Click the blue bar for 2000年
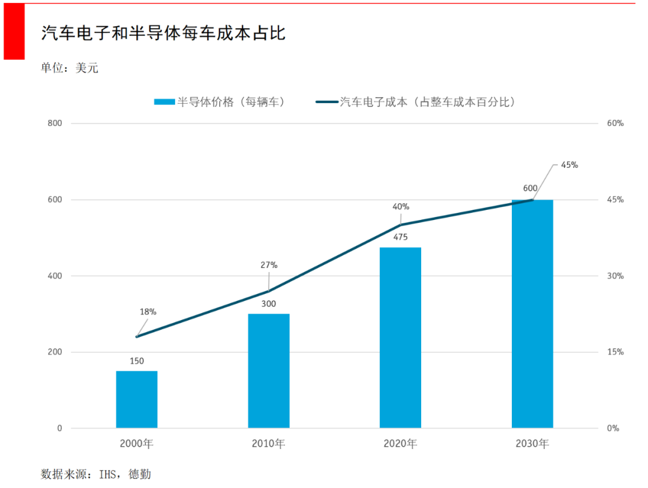click(x=137, y=399)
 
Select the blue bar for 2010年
click(x=269, y=370)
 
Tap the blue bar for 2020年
click(x=400, y=338)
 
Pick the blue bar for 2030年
click(x=532, y=314)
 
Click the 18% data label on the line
click(x=148, y=312)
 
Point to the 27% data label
click(x=269, y=265)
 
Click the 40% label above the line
click(x=401, y=207)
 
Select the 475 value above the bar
click(x=400, y=237)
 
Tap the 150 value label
click(x=137, y=361)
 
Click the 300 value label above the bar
click(x=269, y=304)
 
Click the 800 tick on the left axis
click(x=55, y=123)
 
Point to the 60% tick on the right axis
click(x=616, y=123)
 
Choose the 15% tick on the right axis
click(x=616, y=352)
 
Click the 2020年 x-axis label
click(x=400, y=444)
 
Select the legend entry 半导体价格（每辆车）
click(x=220, y=102)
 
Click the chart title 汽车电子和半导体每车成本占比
click(x=163, y=34)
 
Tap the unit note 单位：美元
click(x=70, y=68)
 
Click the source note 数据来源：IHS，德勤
click(x=96, y=474)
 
